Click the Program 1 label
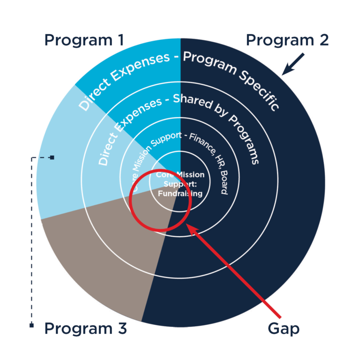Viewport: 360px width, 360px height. click(84, 41)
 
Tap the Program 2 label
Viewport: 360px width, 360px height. click(287, 41)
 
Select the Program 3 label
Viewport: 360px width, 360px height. click(85, 329)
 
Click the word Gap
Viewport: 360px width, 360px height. click(284, 329)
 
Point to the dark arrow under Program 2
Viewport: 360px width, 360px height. click(293, 64)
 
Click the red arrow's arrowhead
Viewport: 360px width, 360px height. click(192, 230)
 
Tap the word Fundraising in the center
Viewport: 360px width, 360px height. click(180, 194)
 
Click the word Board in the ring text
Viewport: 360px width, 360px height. click(224, 183)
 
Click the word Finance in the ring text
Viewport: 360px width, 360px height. click(202, 143)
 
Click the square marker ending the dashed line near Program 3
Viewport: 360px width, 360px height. click(32, 325)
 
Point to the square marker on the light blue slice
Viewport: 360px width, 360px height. click(52, 157)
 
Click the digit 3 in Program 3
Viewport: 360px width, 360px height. click(122, 328)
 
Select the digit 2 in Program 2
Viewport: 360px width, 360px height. click(324, 40)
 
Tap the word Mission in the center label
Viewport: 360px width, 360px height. click(190, 175)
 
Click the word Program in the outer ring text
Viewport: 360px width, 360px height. click(210, 62)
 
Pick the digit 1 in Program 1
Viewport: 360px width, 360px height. click(121, 40)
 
